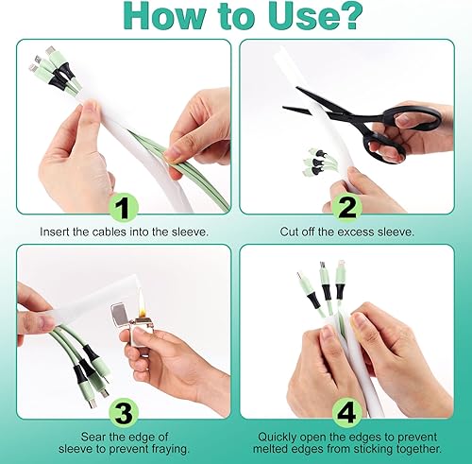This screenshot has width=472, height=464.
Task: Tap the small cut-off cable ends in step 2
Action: [318, 161]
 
